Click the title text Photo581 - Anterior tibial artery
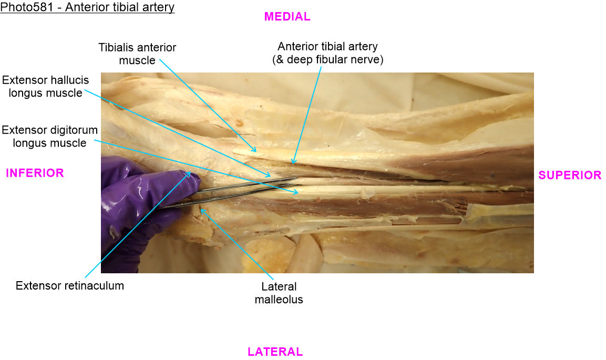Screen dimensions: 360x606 point(87,8)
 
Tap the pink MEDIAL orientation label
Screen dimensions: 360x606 point(287,17)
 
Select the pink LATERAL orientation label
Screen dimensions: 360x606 point(275,352)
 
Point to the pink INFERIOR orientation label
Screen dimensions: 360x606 point(35,173)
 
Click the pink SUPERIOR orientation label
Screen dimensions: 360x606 point(570,176)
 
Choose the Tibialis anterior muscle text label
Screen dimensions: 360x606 point(137,54)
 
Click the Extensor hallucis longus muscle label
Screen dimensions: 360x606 point(45,87)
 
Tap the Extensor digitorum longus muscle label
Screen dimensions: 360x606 point(49,136)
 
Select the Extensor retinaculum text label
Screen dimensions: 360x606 point(70,286)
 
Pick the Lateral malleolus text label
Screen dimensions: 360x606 point(279,293)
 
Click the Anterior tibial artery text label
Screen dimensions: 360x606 point(327,47)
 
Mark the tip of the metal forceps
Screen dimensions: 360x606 point(296,179)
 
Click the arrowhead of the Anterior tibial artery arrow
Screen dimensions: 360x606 point(292,163)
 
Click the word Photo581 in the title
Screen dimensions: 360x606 point(22,8)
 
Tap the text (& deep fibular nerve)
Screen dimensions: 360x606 point(327,60)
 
